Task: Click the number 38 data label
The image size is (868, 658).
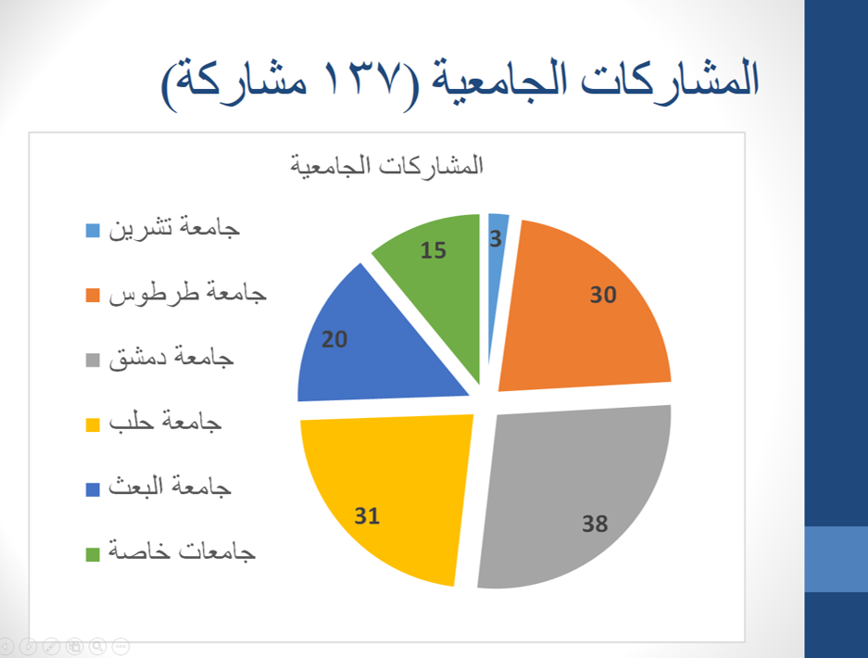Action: click(x=595, y=524)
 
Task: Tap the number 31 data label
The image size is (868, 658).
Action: click(x=367, y=515)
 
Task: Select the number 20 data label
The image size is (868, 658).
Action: click(x=334, y=339)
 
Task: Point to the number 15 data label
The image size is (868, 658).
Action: click(x=433, y=250)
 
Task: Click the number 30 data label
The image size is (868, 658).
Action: click(x=603, y=294)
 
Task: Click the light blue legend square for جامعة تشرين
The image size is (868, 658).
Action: click(x=93, y=231)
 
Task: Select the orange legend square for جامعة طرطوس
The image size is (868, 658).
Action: click(x=93, y=296)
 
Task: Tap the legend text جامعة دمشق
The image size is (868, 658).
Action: click(x=171, y=357)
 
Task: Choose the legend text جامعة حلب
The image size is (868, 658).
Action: click(x=165, y=421)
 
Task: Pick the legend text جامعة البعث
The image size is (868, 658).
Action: click(x=170, y=486)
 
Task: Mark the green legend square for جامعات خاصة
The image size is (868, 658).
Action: click(x=93, y=554)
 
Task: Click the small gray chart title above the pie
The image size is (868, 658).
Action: click(x=387, y=165)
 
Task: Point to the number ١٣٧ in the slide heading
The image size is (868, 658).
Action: click(x=361, y=77)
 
